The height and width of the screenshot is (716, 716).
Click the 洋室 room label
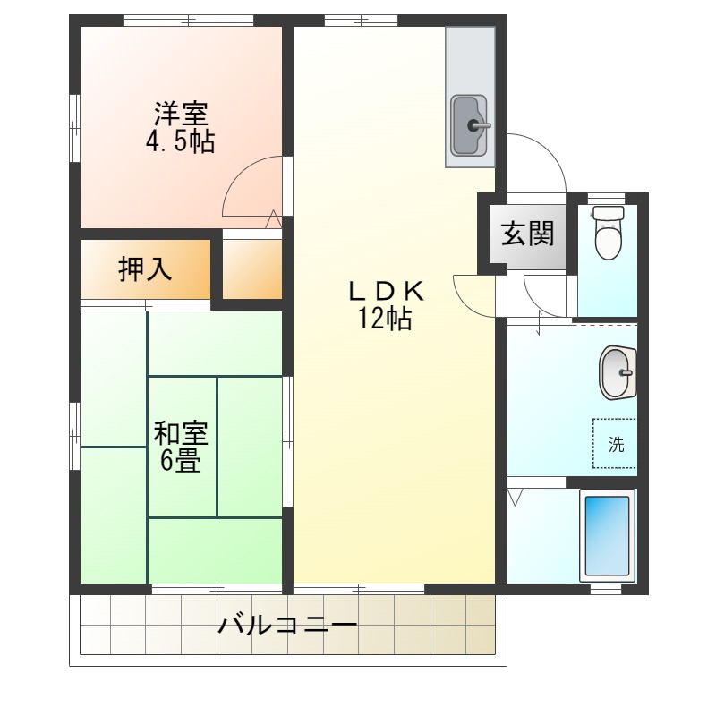pos(182,114)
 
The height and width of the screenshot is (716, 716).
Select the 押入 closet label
pos(145,268)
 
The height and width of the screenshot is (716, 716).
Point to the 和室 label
pos(181,434)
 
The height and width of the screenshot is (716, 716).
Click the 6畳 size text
pos(181,461)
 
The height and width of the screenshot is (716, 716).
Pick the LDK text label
pos(385,291)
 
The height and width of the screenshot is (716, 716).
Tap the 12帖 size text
pos(385,319)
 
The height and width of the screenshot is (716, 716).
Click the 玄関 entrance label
pos(527,234)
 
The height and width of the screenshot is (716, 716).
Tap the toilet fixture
pos(609,238)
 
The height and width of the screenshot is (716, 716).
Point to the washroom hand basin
pos(617,372)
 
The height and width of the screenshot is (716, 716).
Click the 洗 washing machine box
pos(616,444)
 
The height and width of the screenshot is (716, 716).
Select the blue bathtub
pos(608,535)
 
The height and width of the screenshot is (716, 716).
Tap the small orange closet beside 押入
pos(252,268)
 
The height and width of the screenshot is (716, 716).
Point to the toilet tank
pos(609,214)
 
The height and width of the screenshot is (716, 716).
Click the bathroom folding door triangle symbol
pos(516,497)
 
